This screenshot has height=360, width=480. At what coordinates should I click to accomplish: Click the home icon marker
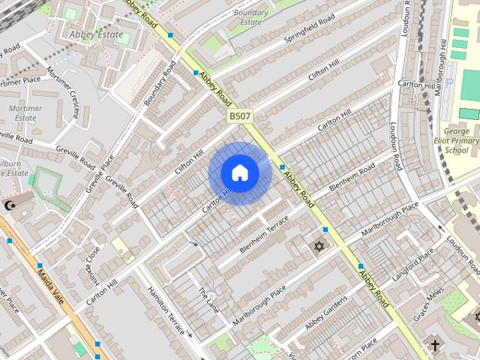point(240,173)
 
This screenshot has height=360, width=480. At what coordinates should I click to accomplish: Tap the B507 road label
point(240,116)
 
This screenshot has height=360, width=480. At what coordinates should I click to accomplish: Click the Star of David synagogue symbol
point(318,246)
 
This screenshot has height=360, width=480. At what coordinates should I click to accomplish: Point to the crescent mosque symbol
point(10,204)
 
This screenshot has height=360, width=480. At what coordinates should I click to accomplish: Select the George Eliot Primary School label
point(456,140)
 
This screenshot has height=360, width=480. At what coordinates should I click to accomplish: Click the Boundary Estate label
point(250,17)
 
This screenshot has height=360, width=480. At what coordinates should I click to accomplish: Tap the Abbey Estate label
point(94,34)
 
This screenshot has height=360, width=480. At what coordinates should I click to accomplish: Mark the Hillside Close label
point(93,258)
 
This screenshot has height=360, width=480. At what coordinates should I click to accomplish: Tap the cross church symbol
point(434,346)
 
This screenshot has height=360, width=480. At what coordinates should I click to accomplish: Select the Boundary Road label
point(160,83)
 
